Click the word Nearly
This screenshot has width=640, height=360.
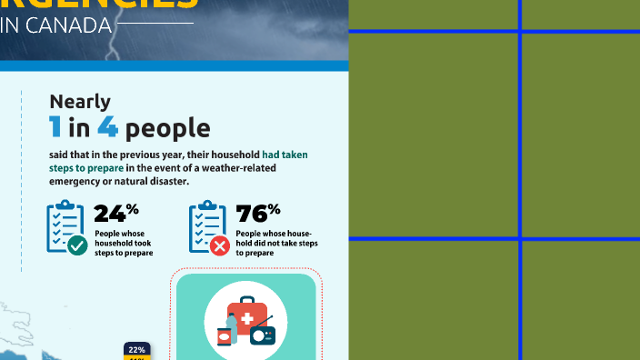(x=80, y=102)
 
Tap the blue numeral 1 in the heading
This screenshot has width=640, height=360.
(x=56, y=128)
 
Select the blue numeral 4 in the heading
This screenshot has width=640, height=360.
(x=108, y=128)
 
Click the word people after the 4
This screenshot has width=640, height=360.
(x=167, y=129)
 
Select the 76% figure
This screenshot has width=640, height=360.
(x=257, y=214)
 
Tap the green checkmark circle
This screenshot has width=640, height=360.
(x=77, y=245)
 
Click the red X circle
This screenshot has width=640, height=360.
(x=219, y=245)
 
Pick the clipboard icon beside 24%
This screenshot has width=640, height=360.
(x=62, y=225)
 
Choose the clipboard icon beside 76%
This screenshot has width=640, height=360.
(x=205, y=225)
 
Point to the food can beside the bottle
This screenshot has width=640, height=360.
(x=224, y=337)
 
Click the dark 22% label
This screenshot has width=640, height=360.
(x=136, y=349)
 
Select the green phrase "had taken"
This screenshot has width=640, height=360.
(x=285, y=155)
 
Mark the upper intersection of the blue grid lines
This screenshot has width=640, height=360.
(x=520, y=32)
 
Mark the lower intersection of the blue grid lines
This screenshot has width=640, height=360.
(x=520, y=239)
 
